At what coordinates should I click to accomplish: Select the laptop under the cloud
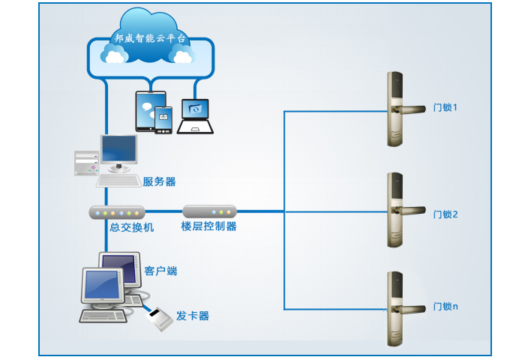[x=196, y=117]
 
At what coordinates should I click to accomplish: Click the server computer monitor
[x=118, y=150]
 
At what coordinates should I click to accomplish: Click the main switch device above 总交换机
[x=117, y=211]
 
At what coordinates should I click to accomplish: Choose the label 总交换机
[x=131, y=227]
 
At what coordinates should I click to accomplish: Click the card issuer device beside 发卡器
[x=159, y=320]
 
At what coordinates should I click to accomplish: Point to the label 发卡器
[x=193, y=316]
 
